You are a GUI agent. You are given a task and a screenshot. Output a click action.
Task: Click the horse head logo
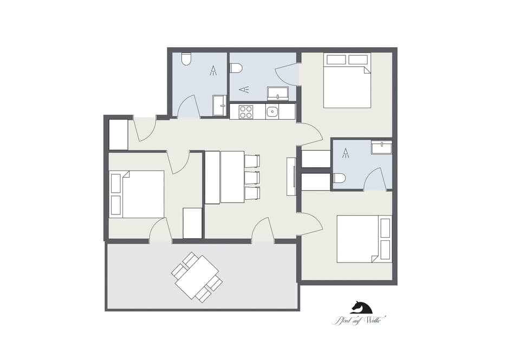pos(361,307)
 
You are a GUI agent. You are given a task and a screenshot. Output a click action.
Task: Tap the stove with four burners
pos(246,112)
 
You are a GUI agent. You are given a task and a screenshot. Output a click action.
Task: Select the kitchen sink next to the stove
pos(272,112)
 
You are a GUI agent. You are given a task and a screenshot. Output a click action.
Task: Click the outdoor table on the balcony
pos(197,277)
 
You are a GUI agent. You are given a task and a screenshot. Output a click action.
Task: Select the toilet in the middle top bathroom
pos(236,68)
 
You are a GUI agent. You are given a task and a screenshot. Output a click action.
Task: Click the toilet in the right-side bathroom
pos(340,178)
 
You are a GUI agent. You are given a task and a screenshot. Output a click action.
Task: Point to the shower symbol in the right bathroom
pos(345,153)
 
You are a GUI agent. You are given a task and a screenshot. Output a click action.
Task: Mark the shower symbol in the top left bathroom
pos(213,70)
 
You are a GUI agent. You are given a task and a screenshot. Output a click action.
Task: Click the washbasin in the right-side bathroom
pos(381,147)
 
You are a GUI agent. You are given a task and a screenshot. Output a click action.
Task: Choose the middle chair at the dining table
pos(252,177)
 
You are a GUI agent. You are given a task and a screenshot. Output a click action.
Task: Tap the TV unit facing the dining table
pos(291,176)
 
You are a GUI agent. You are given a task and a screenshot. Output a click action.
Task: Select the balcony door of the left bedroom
pos(160,231)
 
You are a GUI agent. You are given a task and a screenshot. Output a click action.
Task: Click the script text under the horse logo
pos(354,320)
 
